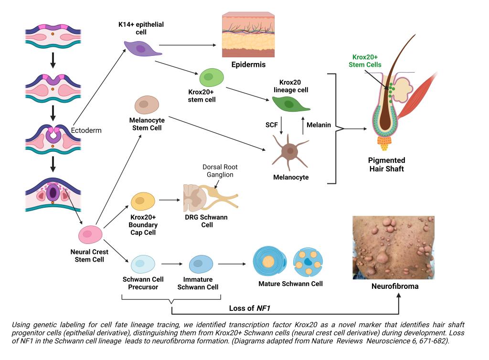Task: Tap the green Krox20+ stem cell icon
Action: [211, 77]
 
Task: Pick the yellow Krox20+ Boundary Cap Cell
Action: [142, 201]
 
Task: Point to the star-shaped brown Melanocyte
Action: [288, 151]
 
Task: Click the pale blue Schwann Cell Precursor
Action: [142, 263]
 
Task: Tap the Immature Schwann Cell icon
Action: [201, 263]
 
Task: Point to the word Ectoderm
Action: [86, 130]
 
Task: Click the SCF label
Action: [272, 125]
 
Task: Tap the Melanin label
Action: [319, 125]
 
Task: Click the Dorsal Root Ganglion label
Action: [220, 171]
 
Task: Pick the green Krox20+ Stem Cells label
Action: [365, 61]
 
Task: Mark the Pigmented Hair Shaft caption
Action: [387, 164]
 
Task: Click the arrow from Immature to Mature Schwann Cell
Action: [234, 264]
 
